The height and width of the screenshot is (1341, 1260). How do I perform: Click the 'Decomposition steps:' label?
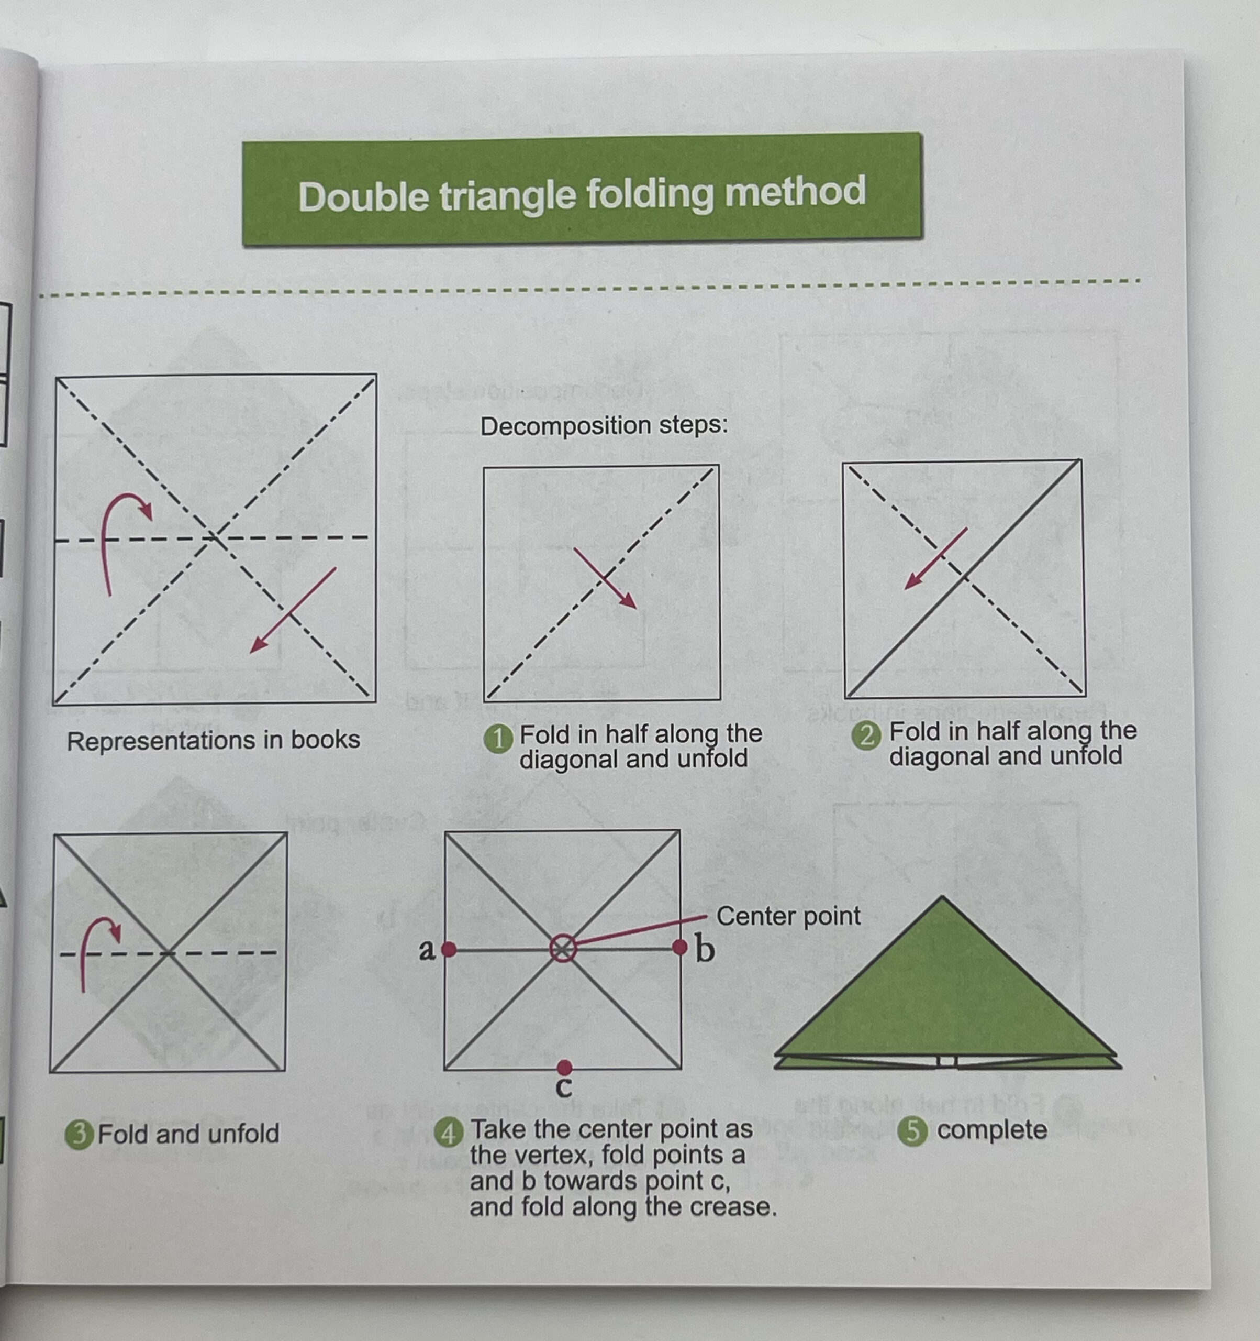tap(604, 426)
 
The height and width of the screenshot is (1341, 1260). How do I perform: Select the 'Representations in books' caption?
tap(213, 740)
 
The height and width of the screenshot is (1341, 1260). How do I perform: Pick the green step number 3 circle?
tap(79, 1134)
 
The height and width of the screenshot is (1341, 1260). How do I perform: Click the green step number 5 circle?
tap(913, 1130)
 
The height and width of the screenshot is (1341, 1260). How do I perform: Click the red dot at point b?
tap(679, 947)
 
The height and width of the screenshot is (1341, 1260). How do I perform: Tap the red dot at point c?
tap(565, 1067)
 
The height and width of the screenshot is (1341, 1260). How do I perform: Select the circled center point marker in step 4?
tap(563, 949)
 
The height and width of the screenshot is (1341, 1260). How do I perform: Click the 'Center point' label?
tap(788, 916)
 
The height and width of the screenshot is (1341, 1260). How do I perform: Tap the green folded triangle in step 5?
tap(944, 992)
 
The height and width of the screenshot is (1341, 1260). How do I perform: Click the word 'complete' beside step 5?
tap(991, 1130)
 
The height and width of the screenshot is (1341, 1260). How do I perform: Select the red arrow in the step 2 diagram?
tap(936, 558)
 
